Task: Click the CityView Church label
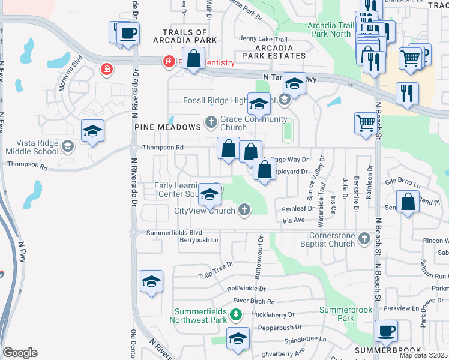[x=204, y=211]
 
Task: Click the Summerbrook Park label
[x=345, y=314]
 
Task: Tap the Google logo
[x=20, y=353]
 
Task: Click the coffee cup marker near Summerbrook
[x=386, y=331]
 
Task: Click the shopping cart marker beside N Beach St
[x=365, y=122]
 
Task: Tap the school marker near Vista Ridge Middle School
[x=93, y=131]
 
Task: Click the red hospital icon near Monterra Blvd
[x=107, y=70]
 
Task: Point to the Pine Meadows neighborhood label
[x=167, y=127]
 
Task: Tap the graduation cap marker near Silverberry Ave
[x=238, y=338]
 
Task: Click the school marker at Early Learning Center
[x=209, y=193]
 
